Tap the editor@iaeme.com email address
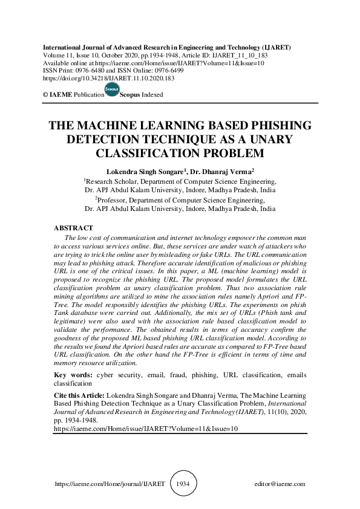pyautogui.click(x=280, y=484)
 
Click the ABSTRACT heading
pyautogui.click(x=74, y=228)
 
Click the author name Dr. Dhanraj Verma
pyautogui.click(x=225, y=171)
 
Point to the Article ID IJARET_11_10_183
pyautogui.click(x=241, y=55)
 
